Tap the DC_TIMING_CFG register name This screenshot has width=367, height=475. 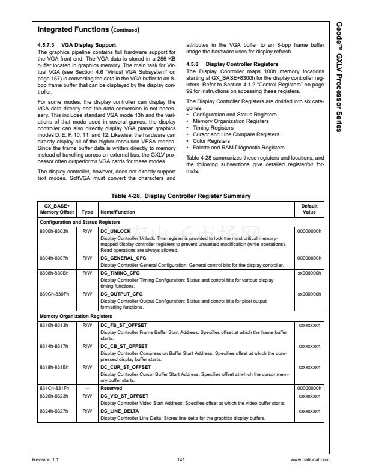(x=120, y=273)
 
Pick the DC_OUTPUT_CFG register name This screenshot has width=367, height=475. (x=121, y=294)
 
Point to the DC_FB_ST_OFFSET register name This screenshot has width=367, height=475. (x=124, y=324)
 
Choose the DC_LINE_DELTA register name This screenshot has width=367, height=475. (x=119, y=411)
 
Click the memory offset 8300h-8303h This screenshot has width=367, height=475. (x=52, y=230)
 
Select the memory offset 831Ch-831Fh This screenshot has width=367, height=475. (x=52, y=387)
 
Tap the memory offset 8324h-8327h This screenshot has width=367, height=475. (x=52, y=411)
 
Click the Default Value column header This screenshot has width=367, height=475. (x=309, y=209)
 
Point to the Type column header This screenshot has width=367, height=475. (x=87, y=212)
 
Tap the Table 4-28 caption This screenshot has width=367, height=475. (x=181, y=196)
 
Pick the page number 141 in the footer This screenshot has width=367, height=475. (x=181, y=459)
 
